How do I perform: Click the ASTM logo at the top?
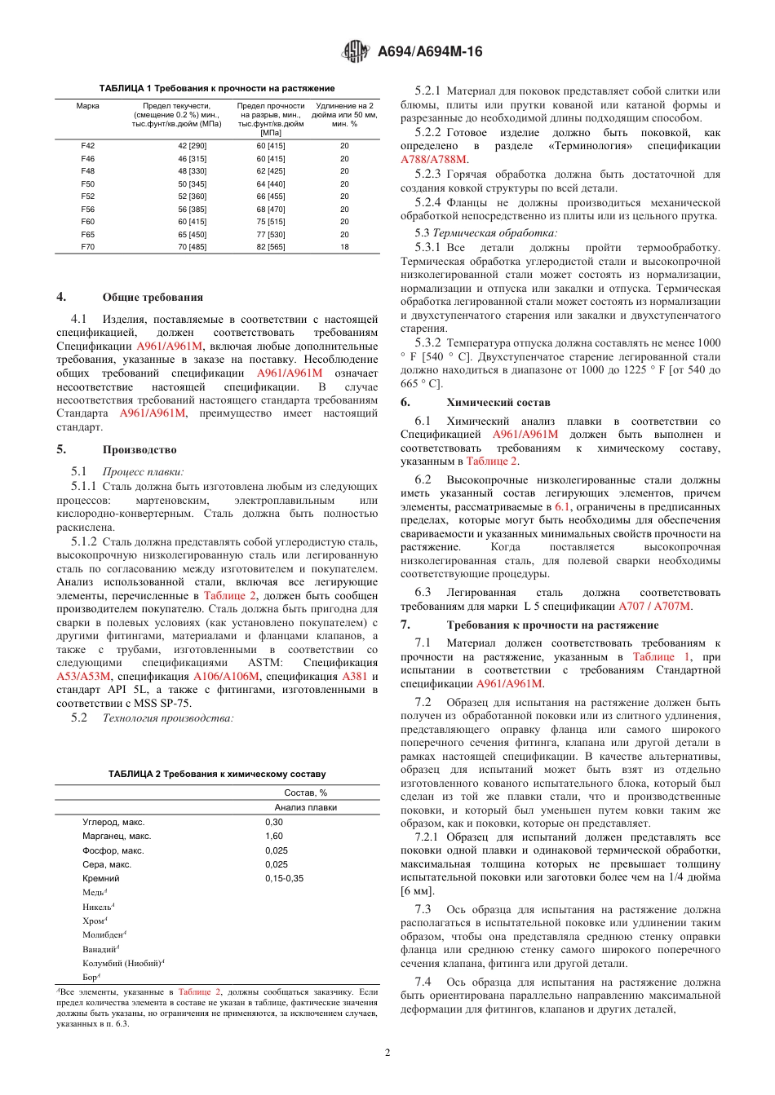pos(355,52)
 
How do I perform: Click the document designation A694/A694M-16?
pos(430,52)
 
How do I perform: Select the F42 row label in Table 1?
pos(87,146)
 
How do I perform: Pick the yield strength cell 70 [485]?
pos(193,247)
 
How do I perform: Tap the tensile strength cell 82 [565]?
pos(271,247)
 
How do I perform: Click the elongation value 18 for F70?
pos(344,247)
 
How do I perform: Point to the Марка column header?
pos(87,106)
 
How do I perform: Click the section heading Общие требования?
pos(153,298)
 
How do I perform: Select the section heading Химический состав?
pos(498,403)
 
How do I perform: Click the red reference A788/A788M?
pos(434,160)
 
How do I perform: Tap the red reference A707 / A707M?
pos(654,607)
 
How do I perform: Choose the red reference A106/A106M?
pos(226,677)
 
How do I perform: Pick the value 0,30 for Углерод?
pos(274,823)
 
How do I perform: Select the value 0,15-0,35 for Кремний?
pos(284,879)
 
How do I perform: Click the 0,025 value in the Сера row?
pos(277,865)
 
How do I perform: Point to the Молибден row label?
pos(104,935)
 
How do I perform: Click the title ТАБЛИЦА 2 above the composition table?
pos(217,775)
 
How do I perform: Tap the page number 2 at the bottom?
pos(387,1053)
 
